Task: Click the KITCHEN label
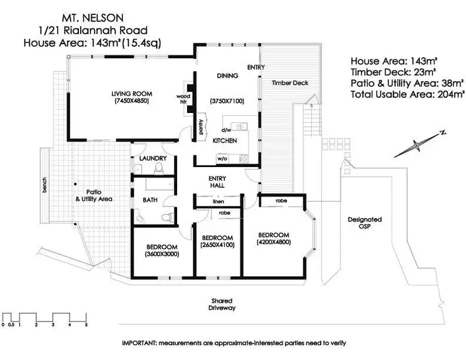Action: [224, 141]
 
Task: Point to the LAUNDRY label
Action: [153, 158]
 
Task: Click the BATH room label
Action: [150, 200]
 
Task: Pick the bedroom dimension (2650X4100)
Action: [217, 245]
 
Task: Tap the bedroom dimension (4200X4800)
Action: [274, 241]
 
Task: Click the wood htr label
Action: [183, 99]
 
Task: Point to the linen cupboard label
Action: [218, 202]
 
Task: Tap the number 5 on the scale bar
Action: [86, 325]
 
